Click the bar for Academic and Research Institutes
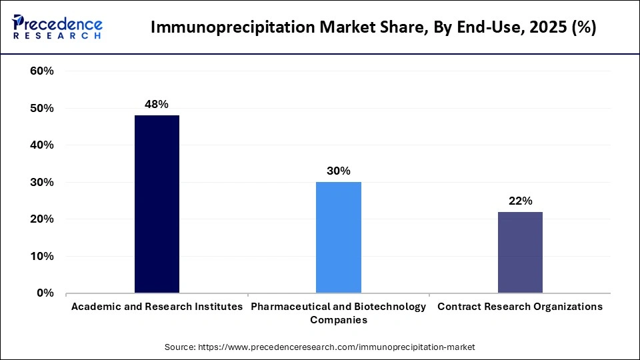tap(157, 204)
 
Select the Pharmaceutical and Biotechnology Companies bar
tap(338, 237)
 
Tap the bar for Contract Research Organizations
tap(520, 252)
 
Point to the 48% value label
tap(157, 104)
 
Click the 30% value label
tap(338, 171)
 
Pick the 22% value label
tap(520, 201)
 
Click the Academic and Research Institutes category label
tap(157, 307)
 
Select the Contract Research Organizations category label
tap(520, 307)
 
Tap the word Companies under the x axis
tap(338, 320)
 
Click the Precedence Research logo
tap(57, 27)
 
